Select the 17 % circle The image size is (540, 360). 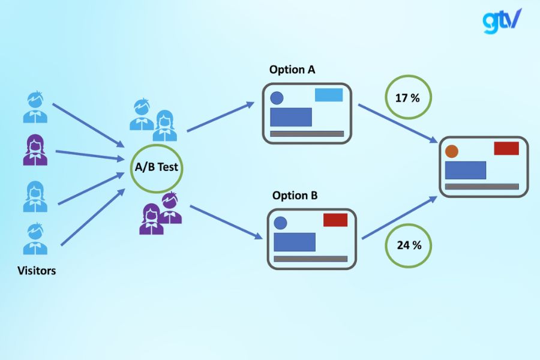[x=407, y=97]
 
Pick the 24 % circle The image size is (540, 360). [x=409, y=245]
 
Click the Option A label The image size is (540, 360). [x=292, y=70]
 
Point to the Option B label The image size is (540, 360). [x=295, y=196]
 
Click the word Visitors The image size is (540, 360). [x=37, y=271]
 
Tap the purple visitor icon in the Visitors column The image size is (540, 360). [x=35, y=150]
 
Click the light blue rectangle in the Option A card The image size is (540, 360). [x=329, y=95]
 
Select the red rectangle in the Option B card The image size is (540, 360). [x=335, y=220]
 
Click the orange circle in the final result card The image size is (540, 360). [x=452, y=151]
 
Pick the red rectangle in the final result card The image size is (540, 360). [x=506, y=148]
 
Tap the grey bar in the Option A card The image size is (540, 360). [x=307, y=133]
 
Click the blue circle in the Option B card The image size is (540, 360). [x=280, y=223]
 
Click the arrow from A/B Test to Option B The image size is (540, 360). [x=226, y=222]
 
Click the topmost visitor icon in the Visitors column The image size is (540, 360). [x=35, y=107]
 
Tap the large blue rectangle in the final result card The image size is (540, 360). [x=466, y=170]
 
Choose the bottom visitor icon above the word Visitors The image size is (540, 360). [x=35, y=239]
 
